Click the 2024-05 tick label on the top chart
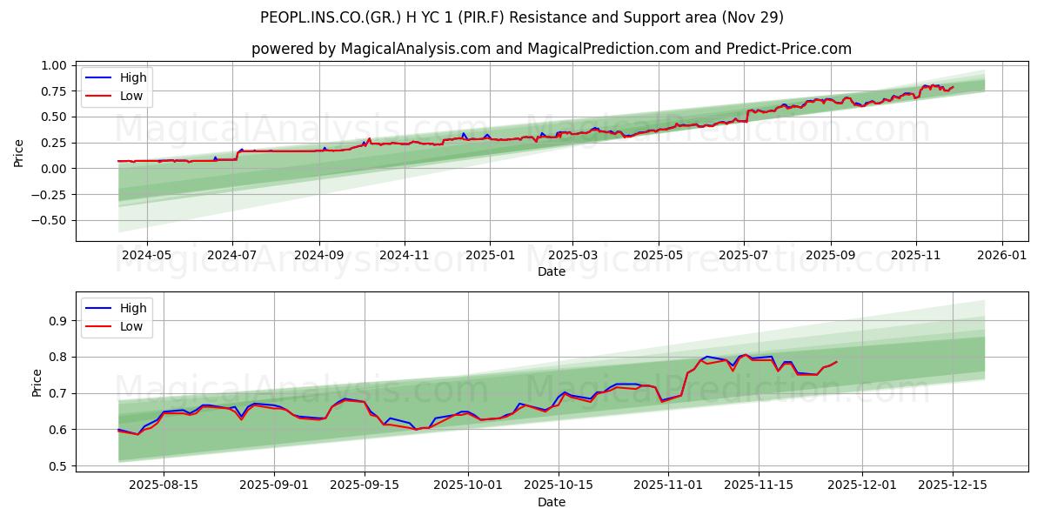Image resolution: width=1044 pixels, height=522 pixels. [146, 256]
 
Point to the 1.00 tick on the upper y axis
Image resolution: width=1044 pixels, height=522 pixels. [52, 65]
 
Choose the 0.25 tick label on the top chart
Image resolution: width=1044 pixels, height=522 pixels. [52, 143]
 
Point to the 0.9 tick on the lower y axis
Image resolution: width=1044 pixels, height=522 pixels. [58, 321]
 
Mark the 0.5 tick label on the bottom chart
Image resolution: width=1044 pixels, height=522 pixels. [58, 466]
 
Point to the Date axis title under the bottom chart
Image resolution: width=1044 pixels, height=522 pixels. [552, 502]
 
